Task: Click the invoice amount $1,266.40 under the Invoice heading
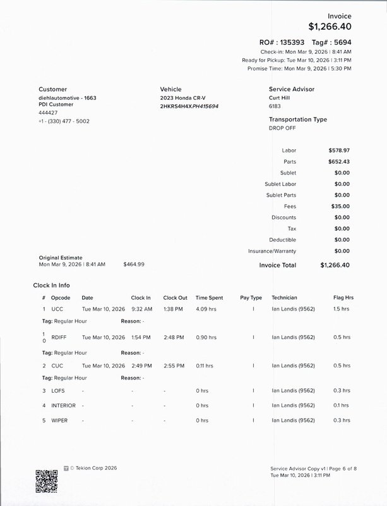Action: coord(330,27)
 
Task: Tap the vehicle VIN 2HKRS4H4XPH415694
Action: coord(189,106)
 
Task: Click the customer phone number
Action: coord(64,121)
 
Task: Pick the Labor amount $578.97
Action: coord(339,151)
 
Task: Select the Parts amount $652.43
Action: coord(339,162)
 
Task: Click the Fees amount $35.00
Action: coord(340,206)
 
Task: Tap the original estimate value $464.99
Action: coord(134,264)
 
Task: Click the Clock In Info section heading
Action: coord(56,285)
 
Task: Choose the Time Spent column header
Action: coord(209,297)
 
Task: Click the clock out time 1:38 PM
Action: coord(174,309)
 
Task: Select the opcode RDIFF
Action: coord(59,338)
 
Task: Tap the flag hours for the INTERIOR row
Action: coord(341,405)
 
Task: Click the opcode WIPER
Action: coord(59,421)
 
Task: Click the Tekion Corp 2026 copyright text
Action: coord(94,469)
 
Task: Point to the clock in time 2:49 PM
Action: coord(141,366)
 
